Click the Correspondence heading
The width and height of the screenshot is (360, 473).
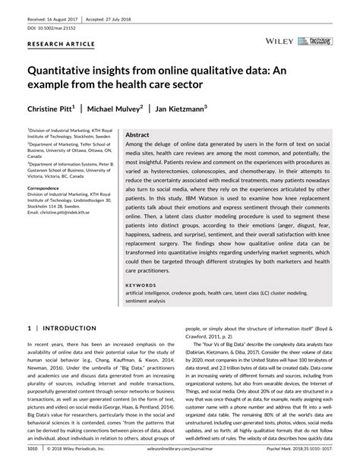coord(48,186)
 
